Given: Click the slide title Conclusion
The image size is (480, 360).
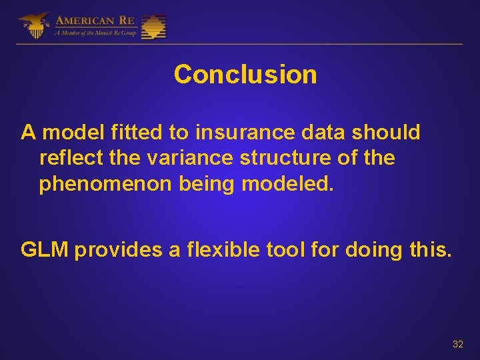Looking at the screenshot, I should (245, 74).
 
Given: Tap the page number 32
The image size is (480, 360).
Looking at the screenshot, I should (457, 344).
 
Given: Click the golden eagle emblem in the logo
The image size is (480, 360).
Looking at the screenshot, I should (33, 26).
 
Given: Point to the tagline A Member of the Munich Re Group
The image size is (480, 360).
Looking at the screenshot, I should (96, 33).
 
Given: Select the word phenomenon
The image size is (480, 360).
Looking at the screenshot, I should (106, 183).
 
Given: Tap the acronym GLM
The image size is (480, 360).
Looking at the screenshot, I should (45, 249).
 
